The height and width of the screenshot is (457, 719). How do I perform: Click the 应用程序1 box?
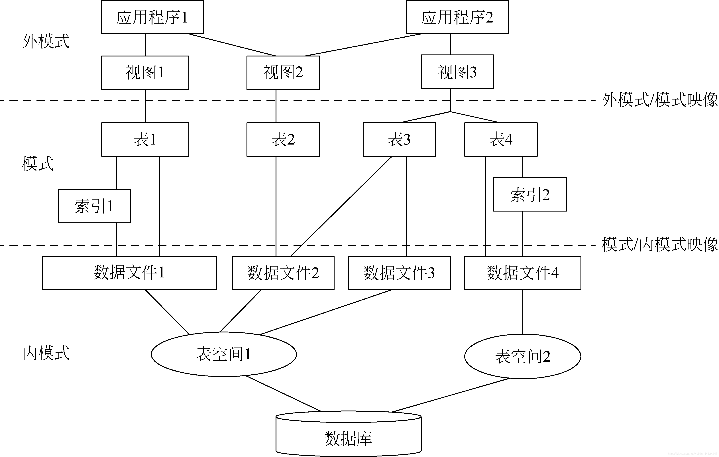(x=152, y=17)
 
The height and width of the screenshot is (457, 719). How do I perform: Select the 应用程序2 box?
(x=457, y=17)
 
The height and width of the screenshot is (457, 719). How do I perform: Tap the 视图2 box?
(x=283, y=73)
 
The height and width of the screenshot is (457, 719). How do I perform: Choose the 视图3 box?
(x=457, y=72)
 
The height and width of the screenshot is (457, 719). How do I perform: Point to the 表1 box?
(x=145, y=139)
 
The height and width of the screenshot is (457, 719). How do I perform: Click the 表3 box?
(x=399, y=139)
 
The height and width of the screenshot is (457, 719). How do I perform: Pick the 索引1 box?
(x=94, y=206)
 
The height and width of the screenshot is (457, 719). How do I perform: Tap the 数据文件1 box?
(x=129, y=273)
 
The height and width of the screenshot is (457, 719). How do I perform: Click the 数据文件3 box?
(x=399, y=273)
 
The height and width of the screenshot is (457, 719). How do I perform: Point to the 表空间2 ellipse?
(x=523, y=356)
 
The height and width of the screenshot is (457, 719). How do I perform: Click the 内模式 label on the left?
(x=46, y=353)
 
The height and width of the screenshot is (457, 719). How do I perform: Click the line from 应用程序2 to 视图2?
(x=363, y=45)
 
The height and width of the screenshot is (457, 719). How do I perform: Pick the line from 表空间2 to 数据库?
(x=451, y=395)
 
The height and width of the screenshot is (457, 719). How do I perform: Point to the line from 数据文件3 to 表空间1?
(x=325, y=312)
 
